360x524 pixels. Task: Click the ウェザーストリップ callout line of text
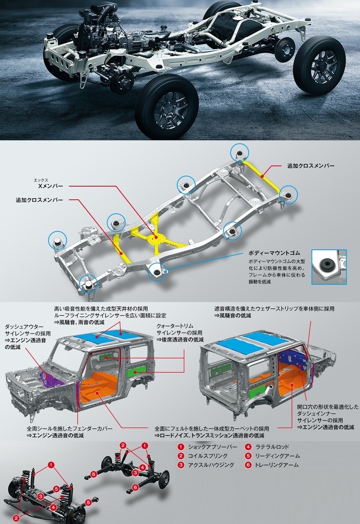coord(274,308)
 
